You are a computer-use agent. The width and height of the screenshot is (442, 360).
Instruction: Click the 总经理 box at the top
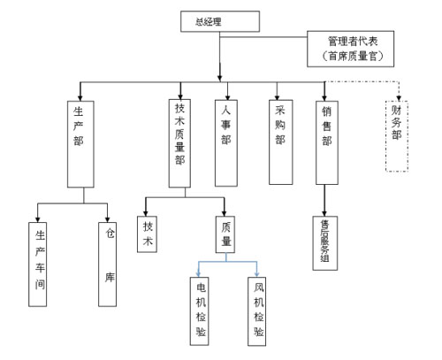coord(220,21)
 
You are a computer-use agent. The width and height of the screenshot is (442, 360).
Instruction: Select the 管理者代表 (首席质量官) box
coord(350,49)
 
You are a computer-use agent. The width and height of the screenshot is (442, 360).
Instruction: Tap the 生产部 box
coord(80,144)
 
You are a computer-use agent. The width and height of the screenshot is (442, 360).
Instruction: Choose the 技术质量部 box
coord(179,143)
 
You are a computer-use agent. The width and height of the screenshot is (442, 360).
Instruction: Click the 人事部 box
coord(226,143)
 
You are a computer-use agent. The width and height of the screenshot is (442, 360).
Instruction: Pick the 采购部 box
coord(280,142)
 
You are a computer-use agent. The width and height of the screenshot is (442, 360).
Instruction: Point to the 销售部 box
coord(327,142)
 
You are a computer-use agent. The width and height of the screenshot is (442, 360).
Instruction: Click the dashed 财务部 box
coord(397,136)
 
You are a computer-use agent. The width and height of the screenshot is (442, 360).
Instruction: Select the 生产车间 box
coord(37,264)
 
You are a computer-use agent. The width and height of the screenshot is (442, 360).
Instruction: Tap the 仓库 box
coord(107,264)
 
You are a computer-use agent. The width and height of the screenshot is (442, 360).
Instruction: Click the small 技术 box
coord(147,234)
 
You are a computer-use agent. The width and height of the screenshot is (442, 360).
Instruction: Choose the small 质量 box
coord(225,234)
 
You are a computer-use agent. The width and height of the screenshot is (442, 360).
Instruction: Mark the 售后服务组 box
coord(325,243)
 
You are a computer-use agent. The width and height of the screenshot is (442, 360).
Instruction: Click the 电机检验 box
coord(199,311)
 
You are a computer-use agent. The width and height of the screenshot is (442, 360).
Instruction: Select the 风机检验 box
coord(256,311)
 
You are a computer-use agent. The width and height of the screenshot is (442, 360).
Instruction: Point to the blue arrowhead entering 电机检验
coord(199,274)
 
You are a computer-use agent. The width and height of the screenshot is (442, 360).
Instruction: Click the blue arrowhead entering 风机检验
coord(256,274)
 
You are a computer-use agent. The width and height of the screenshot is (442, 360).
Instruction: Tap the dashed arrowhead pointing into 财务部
coord(399,98)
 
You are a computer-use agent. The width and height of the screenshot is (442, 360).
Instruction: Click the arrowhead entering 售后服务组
coord(324,213)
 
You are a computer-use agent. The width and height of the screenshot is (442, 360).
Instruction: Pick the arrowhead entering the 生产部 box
coord(80,98)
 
